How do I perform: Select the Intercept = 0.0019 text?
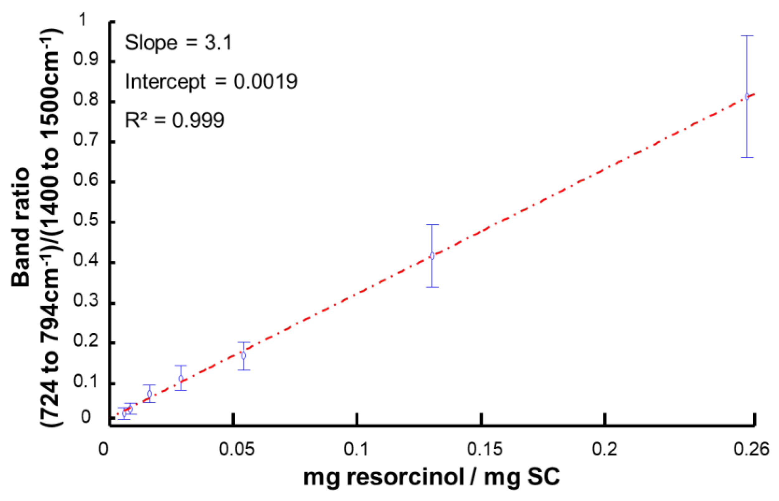pos(211,81)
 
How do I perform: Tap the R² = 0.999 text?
pos(175,120)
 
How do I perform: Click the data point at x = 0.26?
pos(747,96)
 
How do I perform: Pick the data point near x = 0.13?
pos(432,256)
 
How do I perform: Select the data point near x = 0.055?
pos(243,355)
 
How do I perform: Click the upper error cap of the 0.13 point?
pos(432,225)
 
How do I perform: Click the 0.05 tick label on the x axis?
pos(236,450)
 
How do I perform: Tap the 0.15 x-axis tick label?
pos(484,450)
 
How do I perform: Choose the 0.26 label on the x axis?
pos(751,450)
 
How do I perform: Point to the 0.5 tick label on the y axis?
pos(86,220)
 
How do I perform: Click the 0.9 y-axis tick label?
pos(86,59)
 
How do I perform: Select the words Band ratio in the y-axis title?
pos(21,227)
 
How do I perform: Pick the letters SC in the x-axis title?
pos(543,477)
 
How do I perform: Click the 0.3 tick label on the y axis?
pos(86,301)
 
